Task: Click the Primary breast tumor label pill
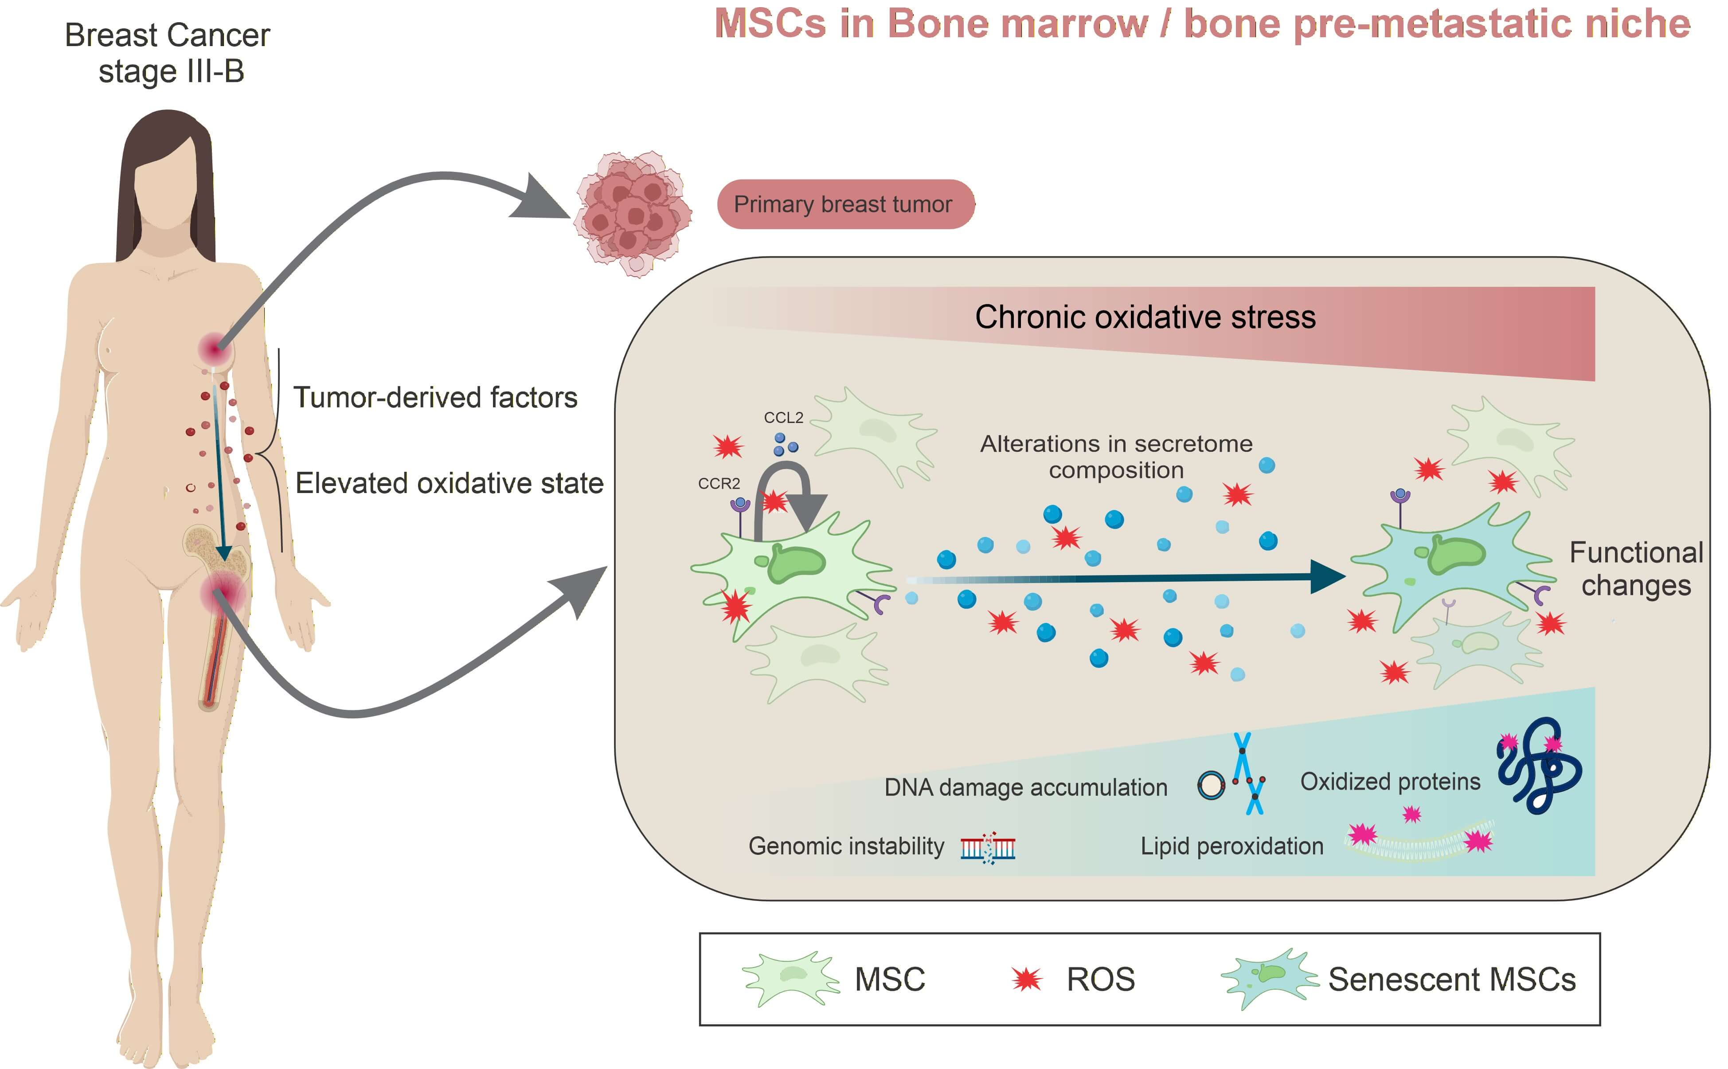coord(845,204)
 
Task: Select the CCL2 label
coord(783,418)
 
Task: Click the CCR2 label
coord(719,484)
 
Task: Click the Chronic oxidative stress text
coord(1145,317)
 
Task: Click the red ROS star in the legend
coord(1026,979)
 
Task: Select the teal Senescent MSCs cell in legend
coord(1269,979)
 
